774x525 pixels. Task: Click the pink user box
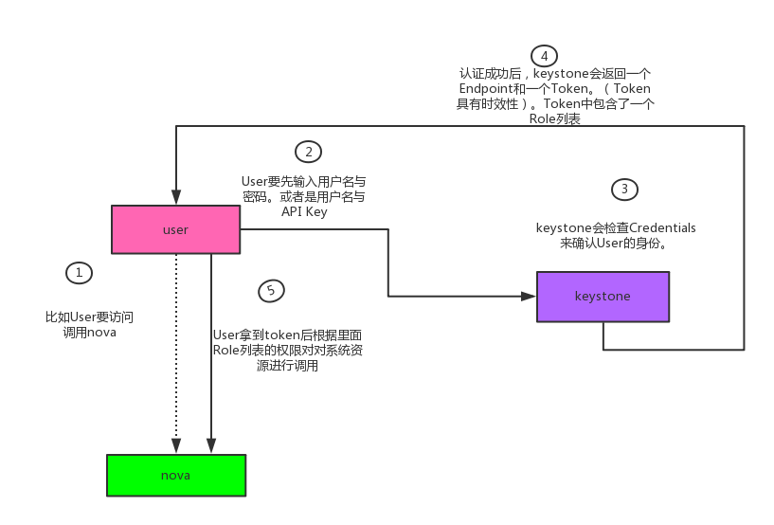[175, 229]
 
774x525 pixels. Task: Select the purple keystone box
[603, 297]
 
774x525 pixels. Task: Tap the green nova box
[176, 475]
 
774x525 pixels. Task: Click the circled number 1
[80, 273]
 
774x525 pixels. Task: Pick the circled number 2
[308, 152]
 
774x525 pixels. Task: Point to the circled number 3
[624, 190]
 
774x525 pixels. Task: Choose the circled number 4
[544, 55]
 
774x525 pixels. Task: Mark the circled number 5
[271, 290]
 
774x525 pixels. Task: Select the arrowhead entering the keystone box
[530, 297]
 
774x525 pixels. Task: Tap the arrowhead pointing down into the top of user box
[176, 198]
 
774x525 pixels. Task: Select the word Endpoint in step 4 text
[486, 89]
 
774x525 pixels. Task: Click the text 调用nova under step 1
[82, 333]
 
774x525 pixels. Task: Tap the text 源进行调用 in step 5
[287, 365]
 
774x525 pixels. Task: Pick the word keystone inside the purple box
[603, 297]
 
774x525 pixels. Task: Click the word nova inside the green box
[176, 475]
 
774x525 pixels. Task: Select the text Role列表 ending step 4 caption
[555, 119]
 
